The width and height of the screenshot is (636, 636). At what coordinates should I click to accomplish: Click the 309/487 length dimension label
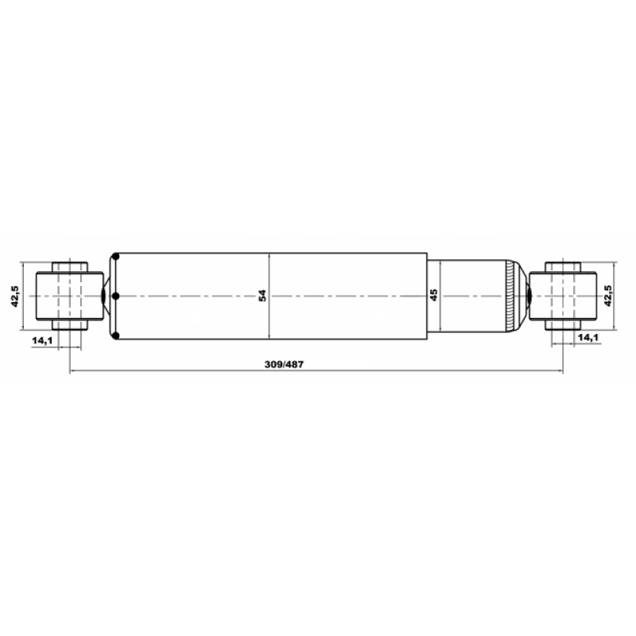[x=284, y=364]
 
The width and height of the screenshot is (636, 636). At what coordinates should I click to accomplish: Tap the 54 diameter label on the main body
[x=262, y=295]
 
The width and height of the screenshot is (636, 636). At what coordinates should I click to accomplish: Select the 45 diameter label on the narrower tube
[x=433, y=295]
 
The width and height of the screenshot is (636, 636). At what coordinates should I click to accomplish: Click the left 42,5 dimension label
[x=15, y=296]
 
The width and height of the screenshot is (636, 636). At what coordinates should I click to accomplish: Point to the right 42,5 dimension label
[x=608, y=296]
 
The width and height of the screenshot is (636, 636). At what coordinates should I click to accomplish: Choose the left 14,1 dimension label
[x=42, y=340]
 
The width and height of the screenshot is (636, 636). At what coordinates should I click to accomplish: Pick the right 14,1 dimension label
[x=588, y=337]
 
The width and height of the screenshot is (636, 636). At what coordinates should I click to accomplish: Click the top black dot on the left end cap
[x=115, y=257]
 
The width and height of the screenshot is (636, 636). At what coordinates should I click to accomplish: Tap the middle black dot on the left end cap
[x=115, y=296]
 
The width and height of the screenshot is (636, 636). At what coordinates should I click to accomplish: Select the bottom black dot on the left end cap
[x=115, y=335]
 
